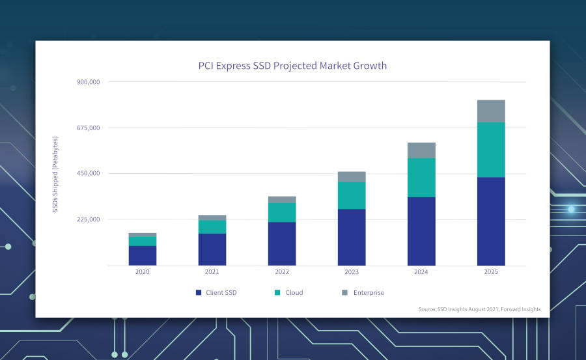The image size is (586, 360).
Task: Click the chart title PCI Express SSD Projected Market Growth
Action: pyautogui.click(x=292, y=66)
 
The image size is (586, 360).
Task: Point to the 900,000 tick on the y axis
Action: pyautogui.click(x=88, y=82)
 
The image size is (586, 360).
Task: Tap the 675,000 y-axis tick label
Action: pyautogui.click(x=88, y=128)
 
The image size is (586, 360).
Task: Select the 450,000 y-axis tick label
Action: pyautogui.click(x=88, y=173)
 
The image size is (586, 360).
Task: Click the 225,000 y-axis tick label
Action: pyautogui.click(x=88, y=219)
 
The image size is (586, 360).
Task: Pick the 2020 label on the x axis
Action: pyautogui.click(x=142, y=272)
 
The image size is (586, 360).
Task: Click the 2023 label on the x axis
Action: pyautogui.click(x=351, y=272)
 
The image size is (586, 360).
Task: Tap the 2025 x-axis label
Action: pyautogui.click(x=490, y=272)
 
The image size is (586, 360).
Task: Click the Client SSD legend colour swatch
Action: pyautogui.click(x=198, y=293)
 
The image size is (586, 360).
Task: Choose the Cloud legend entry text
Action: pyautogui.click(x=294, y=293)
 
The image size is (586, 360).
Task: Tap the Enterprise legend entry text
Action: pyautogui.click(x=369, y=293)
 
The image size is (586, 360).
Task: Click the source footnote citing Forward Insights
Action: pyautogui.click(x=479, y=309)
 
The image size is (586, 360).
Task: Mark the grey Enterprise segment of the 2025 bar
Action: pyautogui.click(x=491, y=111)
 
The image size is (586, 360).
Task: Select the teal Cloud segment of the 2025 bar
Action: pyautogui.click(x=491, y=150)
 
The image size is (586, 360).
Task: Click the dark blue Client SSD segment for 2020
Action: pyautogui.click(x=142, y=255)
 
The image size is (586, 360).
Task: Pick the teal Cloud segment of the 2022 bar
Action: pyautogui.click(x=281, y=212)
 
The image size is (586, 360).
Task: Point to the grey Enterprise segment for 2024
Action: pyautogui.click(x=421, y=150)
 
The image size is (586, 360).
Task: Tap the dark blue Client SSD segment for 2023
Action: pyautogui.click(x=351, y=237)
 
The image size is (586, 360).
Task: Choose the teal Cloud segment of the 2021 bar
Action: pyautogui.click(x=212, y=227)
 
